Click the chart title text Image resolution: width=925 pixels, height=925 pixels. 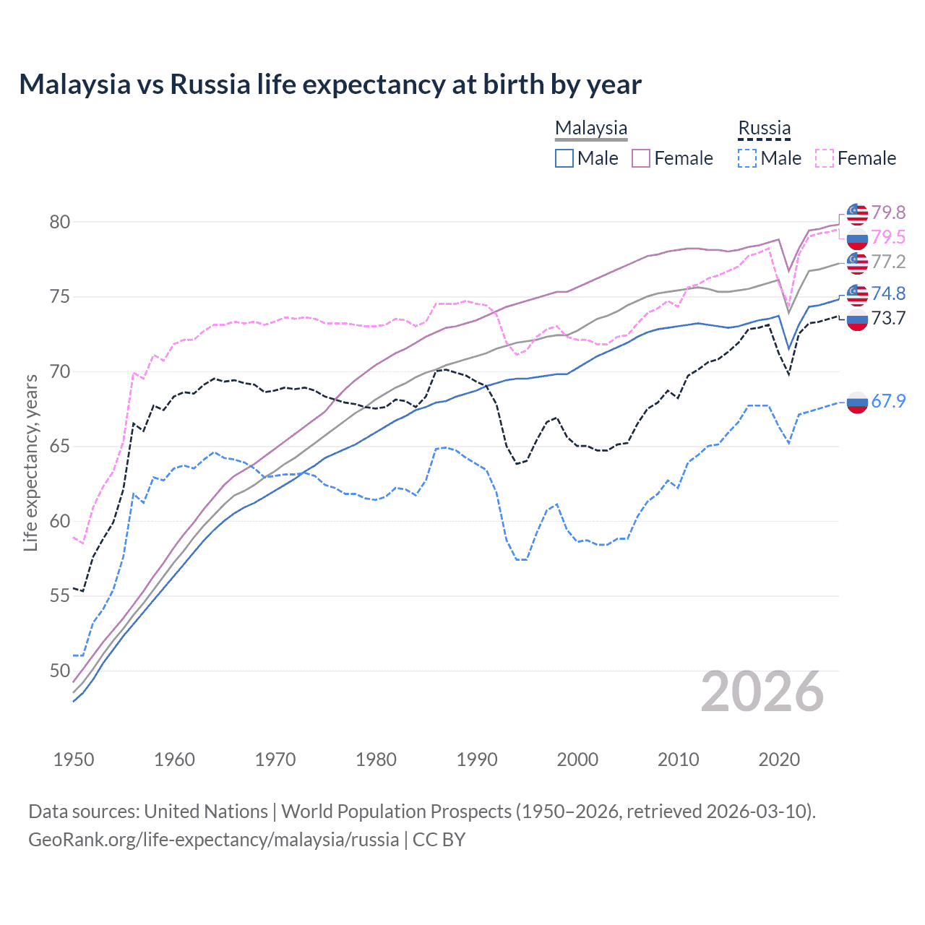(x=330, y=85)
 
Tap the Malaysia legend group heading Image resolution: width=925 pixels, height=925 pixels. (x=591, y=128)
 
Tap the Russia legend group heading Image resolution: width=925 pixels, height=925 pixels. (x=764, y=128)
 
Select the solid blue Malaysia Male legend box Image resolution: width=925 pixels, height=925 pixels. (x=564, y=158)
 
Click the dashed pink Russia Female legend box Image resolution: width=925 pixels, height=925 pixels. (x=825, y=158)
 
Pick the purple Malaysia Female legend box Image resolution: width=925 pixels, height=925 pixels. (x=641, y=158)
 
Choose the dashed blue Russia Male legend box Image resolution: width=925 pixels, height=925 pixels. (x=747, y=158)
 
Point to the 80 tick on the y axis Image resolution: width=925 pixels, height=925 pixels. (x=60, y=222)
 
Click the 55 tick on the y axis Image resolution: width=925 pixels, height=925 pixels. (x=60, y=595)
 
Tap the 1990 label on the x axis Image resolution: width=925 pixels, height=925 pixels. (x=477, y=760)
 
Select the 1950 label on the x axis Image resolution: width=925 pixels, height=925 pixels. (x=74, y=760)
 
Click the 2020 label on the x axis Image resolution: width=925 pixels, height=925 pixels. (x=779, y=760)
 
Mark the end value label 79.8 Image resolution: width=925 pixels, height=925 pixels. (x=888, y=212)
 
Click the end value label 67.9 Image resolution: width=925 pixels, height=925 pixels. (x=888, y=401)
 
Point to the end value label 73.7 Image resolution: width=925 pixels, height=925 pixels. (x=888, y=318)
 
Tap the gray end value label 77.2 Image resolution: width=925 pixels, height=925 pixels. (x=888, y=262)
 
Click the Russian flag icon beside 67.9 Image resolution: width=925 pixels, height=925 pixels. (x=857, y=402)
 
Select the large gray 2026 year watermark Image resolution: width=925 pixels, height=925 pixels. (x=762, y=692)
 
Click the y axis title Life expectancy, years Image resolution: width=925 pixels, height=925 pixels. (x=31, y=462)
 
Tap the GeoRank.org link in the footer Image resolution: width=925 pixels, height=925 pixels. (x=213, y=840)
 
